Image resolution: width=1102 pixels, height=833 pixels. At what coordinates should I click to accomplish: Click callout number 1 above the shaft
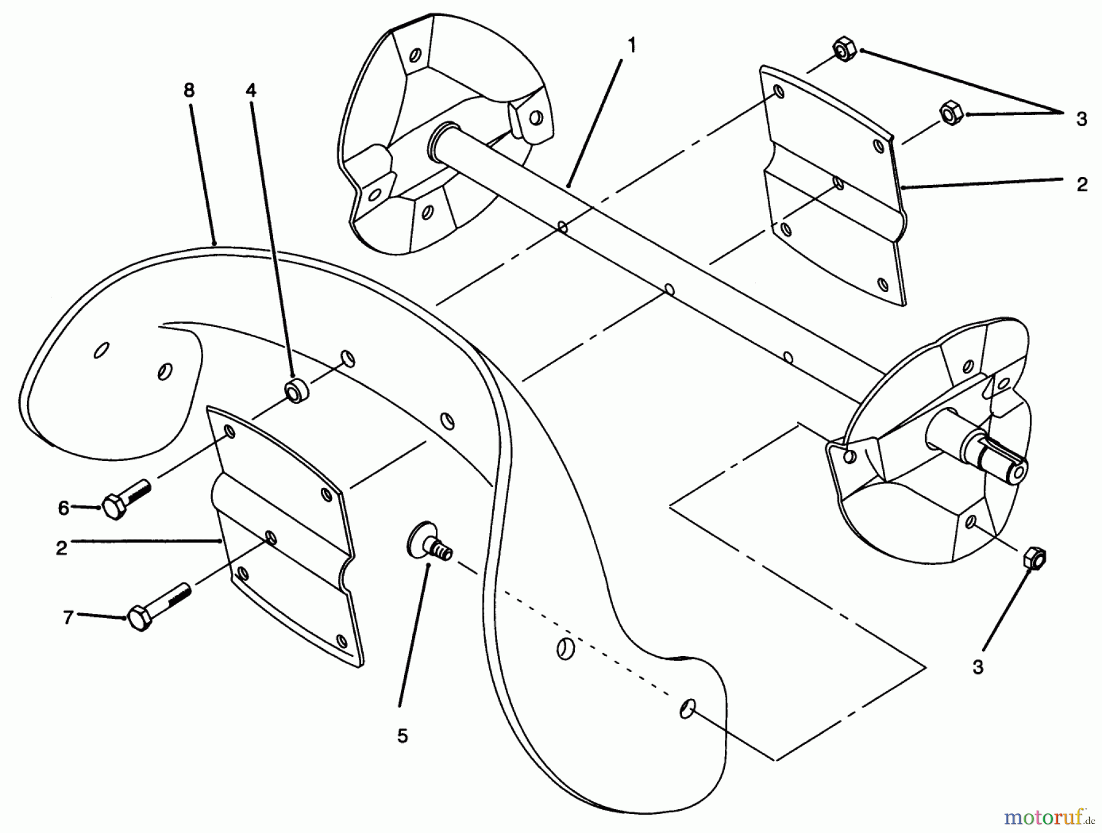(632, 46)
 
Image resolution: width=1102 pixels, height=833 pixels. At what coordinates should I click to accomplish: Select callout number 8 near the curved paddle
(189, 91)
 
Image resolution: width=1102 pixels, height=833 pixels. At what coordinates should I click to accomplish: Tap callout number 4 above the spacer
(250, 91)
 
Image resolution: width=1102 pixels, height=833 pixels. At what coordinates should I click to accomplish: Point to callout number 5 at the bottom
(402, 736)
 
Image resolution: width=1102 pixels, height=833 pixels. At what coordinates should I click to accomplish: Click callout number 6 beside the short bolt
(64, 508)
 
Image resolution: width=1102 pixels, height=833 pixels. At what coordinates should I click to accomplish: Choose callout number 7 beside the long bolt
(68, 618)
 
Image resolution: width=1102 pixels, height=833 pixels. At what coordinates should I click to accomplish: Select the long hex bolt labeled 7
(158, 606)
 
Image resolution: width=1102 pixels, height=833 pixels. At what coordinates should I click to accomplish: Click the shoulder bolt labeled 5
(429, 542)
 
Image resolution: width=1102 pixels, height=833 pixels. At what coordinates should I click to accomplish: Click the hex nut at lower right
(1033, 558)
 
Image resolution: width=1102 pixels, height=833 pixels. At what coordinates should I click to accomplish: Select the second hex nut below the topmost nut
(950, 113)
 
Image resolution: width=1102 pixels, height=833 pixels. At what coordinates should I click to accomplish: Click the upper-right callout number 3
(1081, 119)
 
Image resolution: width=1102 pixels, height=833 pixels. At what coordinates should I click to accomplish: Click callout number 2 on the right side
(1082, 184)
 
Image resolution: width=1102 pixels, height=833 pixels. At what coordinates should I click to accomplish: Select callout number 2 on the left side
(61, 548)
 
